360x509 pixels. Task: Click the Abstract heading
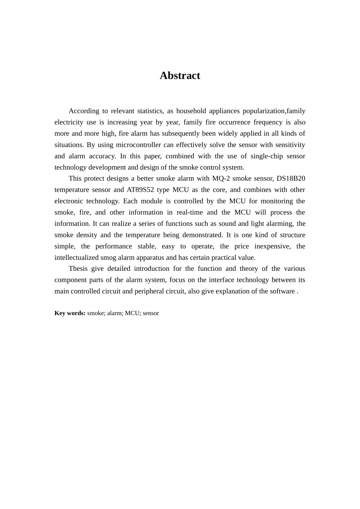point(180,76)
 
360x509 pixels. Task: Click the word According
point(84,111)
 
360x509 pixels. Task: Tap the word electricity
point(69,122)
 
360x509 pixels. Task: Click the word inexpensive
point(272,246)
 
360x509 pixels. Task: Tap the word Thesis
point(78,269)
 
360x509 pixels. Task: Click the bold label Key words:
point(70,313)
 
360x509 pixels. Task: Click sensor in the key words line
point(151,313)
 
